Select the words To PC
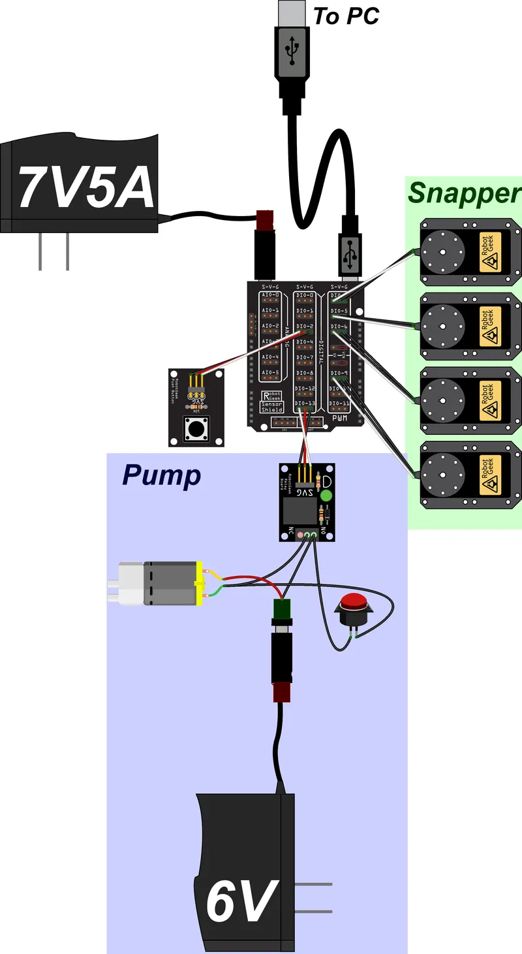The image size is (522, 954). [x=346, y=16]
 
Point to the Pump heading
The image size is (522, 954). [x=161, y=476]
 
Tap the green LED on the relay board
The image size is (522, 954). [x=326, y=496]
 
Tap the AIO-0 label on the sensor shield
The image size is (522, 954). [x=270, y=295]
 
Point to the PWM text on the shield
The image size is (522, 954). [x=339, y=418]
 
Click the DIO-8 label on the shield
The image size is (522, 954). [x=304, y=373]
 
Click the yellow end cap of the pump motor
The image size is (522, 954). [x=200, y=582]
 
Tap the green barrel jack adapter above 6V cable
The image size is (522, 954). [x=282, y=609]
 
